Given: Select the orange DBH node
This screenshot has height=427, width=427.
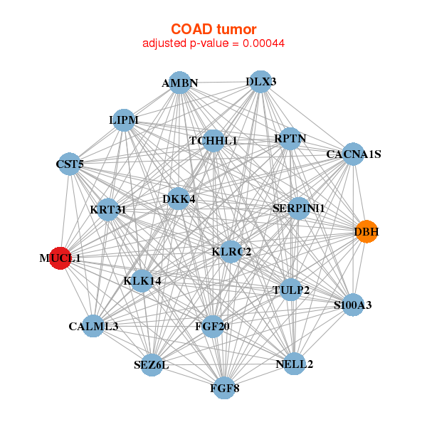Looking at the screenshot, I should coord(366,232).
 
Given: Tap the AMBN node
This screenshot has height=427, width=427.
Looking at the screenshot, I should coord(180,83).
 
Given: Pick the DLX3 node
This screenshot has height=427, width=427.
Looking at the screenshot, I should coord(261,81).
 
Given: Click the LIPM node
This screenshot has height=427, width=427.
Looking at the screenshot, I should coord(124,120).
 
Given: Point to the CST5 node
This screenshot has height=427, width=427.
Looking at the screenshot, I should coord(69,164).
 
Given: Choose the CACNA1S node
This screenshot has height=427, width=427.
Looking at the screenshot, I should coord(353,154).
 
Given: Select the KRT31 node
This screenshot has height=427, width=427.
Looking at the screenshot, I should coord(108,209).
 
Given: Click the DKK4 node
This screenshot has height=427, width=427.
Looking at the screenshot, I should coord(179,199).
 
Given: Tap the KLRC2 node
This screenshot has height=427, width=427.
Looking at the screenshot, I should coord(231,251).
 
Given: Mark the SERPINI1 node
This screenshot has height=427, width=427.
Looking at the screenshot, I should coord(299,209).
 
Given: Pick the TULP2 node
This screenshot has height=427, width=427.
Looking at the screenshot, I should coord(290,290).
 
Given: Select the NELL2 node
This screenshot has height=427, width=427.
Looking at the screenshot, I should coord(294,364).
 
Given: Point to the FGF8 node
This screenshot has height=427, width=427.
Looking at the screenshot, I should coord(225,388).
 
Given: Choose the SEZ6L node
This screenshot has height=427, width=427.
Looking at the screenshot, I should coord(151,365).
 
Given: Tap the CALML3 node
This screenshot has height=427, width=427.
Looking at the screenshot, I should coord(93,326).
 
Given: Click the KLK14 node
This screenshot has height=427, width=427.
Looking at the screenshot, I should coord(142,281).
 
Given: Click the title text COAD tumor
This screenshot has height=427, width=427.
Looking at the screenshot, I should coord(213,29).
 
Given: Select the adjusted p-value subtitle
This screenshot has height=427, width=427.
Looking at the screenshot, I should coord(213,43).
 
